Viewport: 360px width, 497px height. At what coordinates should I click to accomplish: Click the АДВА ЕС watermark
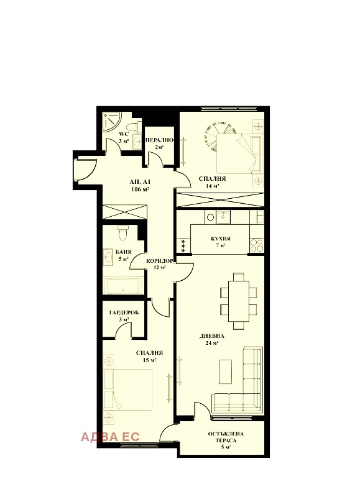tap(110, 437)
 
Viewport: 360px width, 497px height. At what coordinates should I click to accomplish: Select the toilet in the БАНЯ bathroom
tap(122, 233)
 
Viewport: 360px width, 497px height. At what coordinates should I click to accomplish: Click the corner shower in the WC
tap(111, 118)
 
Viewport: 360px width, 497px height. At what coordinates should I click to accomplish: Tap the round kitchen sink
tap(210, 217)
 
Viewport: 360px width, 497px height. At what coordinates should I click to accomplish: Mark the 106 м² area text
tap(140, 189)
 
